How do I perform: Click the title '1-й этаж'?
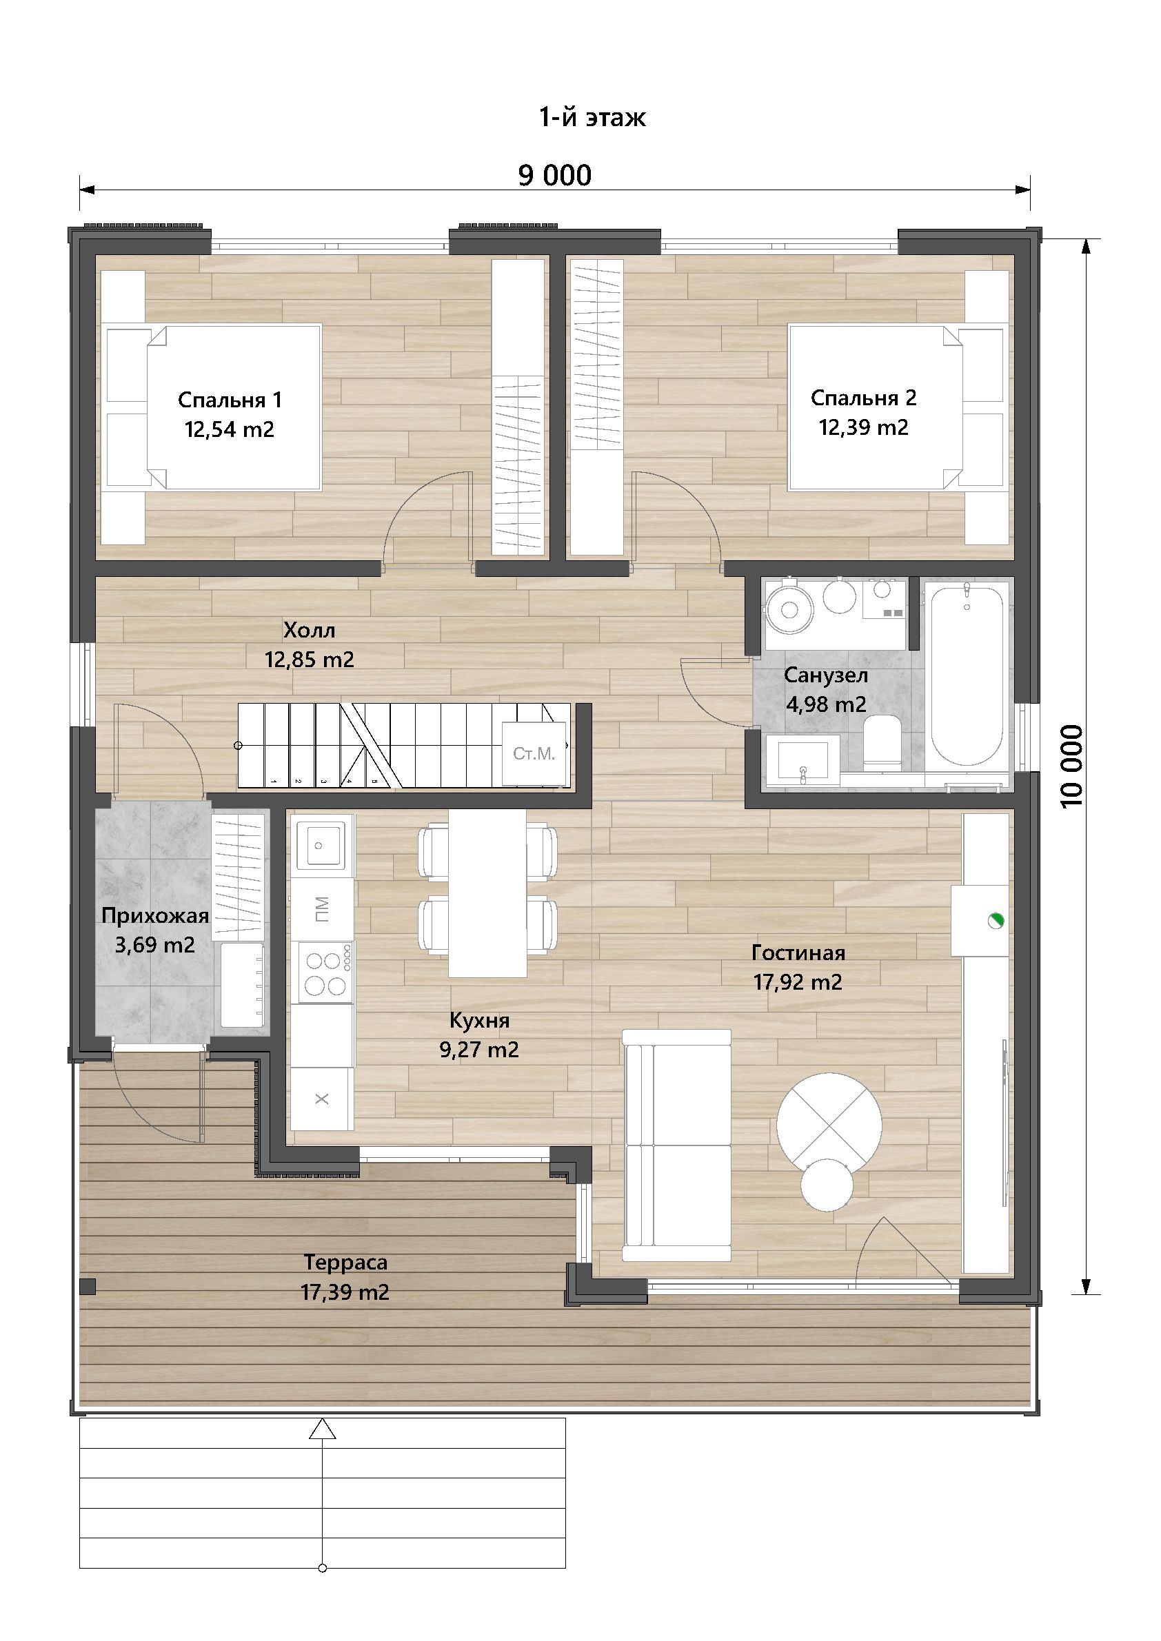(593, 116)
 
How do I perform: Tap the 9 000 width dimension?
(555, 176)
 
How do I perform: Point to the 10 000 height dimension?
(1073, 766)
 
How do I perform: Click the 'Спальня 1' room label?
(230, 400)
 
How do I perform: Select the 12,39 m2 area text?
(864, 427)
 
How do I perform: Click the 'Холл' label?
(309, 631)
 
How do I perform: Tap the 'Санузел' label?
(826, 675)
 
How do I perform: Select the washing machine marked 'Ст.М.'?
(534, 753)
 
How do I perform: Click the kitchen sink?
(322, 846)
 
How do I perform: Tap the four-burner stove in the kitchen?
(323, 970)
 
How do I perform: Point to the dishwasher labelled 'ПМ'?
(322, 908)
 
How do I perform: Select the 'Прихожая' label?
(155, 915)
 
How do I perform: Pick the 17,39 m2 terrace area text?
(345, 1293)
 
